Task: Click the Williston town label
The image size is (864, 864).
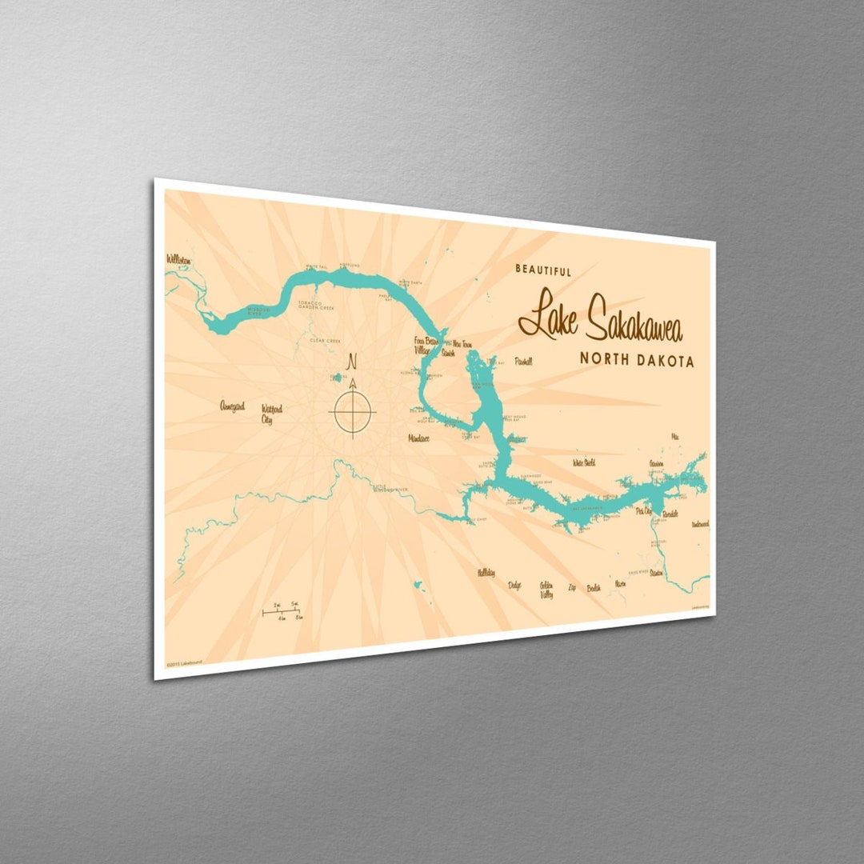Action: click(x=178, y=260)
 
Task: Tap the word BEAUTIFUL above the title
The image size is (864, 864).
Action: click(x=543, y=271)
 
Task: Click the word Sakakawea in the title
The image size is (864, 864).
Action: click(x=634, y=322)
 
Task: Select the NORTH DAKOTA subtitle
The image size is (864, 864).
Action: click(x=637, y=361)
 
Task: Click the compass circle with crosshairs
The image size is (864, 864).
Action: click(x=351, y=412)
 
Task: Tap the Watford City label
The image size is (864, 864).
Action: click(x=271, y=414)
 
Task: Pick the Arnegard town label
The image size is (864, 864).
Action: click(x=232, y=406)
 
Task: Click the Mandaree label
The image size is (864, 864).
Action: click(x=418, y=438)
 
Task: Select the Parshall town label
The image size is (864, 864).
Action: click(x=523, y=362)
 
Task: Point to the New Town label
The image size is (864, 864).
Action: click(x=462, y=345)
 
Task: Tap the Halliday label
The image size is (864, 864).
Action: click(x=486, y=573)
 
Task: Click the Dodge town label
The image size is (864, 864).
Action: click(x=514, y=586)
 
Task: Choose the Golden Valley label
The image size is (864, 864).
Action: click(x=546, y=590)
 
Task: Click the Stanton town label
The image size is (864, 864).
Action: click(x=656, y=573)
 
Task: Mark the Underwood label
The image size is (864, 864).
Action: click(x=700, y=524)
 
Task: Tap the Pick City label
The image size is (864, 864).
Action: click(x=643, y=510)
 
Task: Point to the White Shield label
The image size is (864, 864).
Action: click(x=583, y=462)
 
